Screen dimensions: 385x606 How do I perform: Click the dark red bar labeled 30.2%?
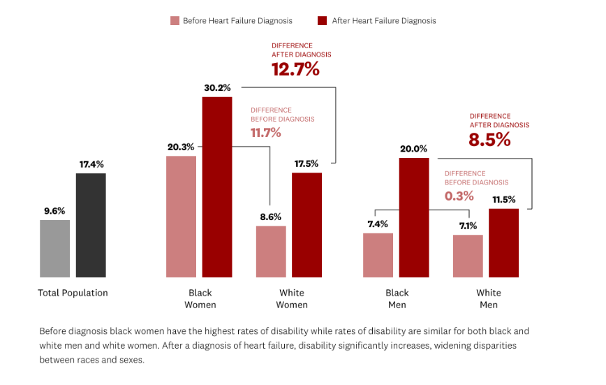[217, 187]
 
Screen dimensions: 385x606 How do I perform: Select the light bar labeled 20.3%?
[181, 217]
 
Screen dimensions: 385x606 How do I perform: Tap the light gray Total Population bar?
[54, 249]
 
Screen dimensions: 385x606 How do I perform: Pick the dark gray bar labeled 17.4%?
[91, 225]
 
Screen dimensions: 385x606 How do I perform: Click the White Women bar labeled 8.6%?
[271, 252]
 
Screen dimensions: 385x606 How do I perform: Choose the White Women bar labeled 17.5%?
[306, 225]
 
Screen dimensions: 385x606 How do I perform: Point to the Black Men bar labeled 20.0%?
[414, 217]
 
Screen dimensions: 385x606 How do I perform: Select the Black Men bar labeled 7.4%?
[378, 255]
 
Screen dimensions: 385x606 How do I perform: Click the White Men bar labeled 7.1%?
[468, 256]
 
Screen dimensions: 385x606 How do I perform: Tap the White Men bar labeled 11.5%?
[503, 243]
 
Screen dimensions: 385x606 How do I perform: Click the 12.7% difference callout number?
[295, 69]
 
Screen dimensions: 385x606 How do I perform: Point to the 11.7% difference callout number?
[266, 132]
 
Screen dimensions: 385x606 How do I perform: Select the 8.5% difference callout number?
[489, 140]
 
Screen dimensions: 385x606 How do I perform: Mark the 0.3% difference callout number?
[459, 196]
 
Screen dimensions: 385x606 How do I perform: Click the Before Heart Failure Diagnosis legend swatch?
[175, 21]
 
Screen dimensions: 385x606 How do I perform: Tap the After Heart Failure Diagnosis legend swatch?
[323, 21]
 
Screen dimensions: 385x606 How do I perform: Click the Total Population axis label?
[73, 293]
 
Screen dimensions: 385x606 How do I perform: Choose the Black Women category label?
[200, 298]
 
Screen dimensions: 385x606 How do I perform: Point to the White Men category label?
[488, 298]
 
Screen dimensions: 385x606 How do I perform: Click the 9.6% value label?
[54, 211]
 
